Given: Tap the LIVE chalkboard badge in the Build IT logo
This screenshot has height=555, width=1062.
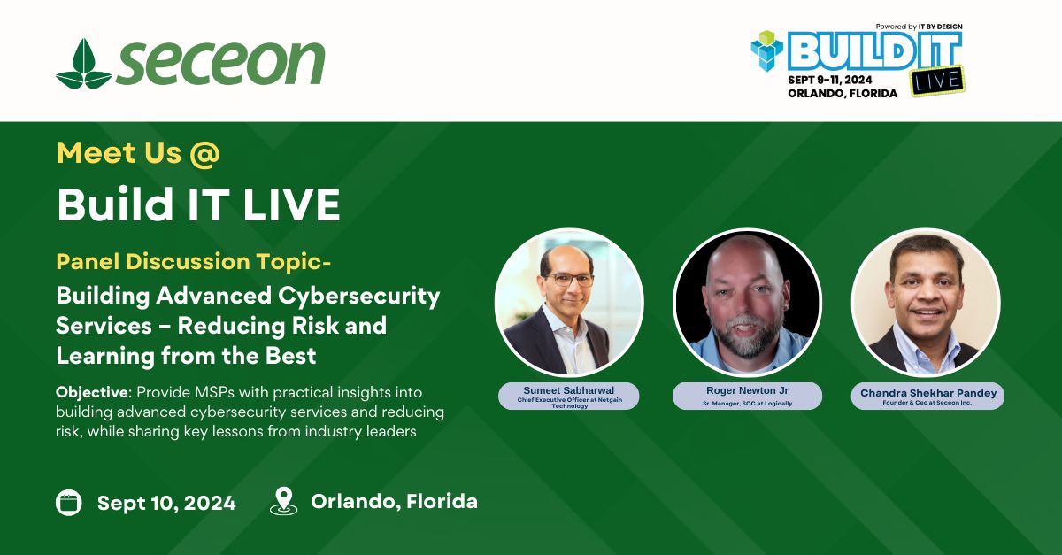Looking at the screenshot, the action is point(937,81).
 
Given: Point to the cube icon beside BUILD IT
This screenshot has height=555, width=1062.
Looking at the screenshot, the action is point(767,51).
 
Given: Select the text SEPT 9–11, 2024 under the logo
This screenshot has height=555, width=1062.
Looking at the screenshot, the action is point(830,80).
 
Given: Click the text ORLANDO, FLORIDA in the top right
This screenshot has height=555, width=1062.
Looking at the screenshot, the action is point(843,94).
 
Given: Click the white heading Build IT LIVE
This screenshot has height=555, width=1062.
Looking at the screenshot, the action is point(198,204).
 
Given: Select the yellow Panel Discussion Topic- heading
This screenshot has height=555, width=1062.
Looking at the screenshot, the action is point(194,261).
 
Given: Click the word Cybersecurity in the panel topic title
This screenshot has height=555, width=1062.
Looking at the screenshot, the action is point(359,297).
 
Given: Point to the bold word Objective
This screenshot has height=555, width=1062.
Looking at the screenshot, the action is point(92,393).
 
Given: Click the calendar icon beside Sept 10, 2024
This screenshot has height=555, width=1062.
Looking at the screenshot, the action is point(69,503).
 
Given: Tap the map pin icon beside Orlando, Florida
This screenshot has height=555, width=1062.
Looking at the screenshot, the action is point(283,501).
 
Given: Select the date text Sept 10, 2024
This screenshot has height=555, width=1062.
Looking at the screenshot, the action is point(166,503).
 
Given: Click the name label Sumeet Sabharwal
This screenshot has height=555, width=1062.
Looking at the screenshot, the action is point(569,390).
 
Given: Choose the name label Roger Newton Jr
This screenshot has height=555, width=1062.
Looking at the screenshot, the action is point(747,390).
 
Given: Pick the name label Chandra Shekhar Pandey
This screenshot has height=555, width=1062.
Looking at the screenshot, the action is point(928,393).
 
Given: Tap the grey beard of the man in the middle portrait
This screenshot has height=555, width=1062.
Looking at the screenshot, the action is point(747,338).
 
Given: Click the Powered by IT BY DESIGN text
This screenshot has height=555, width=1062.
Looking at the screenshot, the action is point(919,27).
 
